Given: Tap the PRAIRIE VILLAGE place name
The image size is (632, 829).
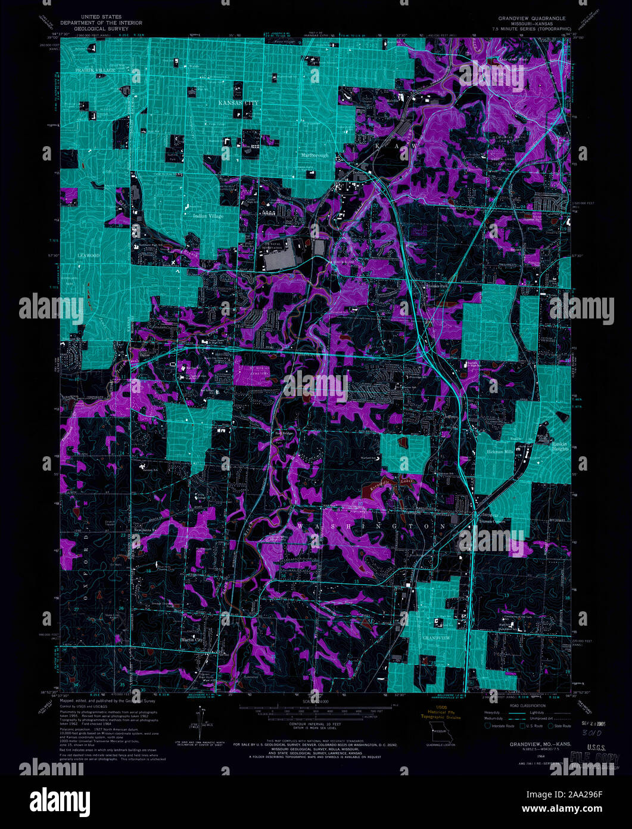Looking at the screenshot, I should (95, 70).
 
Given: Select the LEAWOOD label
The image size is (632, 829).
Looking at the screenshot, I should (89, 255).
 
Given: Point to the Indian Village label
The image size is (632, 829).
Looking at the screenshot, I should (208, 215).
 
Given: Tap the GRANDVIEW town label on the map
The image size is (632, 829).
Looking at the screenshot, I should (437, 638).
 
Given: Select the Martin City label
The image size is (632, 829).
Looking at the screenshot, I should (192, 641).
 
